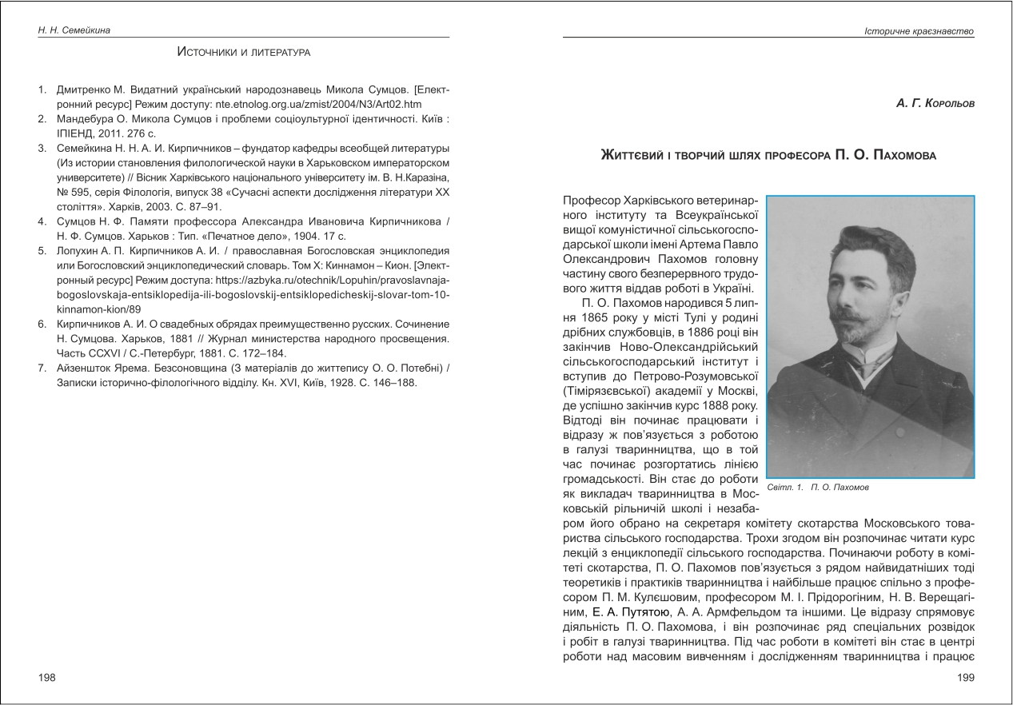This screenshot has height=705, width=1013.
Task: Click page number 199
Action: tap(966, 678)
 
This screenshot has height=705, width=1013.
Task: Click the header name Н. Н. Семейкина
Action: tap(74, 30)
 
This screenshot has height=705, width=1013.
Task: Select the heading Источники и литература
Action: tap(244, 53)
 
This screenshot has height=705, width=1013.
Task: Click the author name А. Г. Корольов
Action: tap(935, 105)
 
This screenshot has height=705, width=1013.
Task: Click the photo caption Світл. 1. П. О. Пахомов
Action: tap(818, 487)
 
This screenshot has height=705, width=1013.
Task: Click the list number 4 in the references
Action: tap(42, 220)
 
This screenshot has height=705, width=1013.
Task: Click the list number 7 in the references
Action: tap(42, 368)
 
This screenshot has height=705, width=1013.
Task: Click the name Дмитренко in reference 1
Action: tap(84, 90)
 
